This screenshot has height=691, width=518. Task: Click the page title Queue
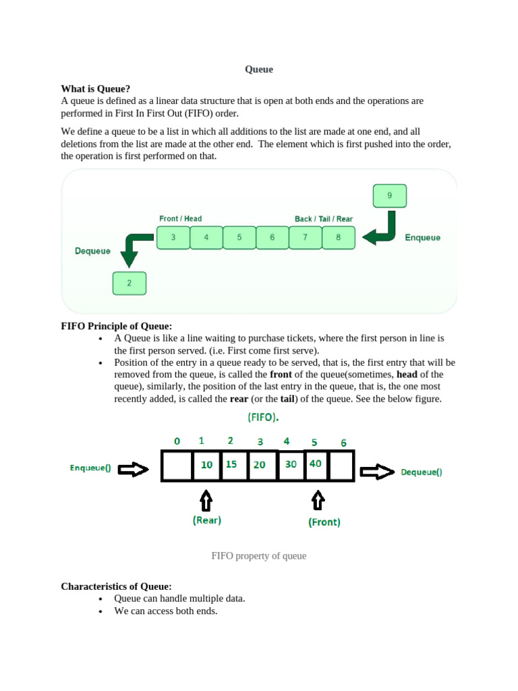click(x=258, y=70)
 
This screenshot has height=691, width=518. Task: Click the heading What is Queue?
click(x=96, y=88)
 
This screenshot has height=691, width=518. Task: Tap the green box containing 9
click(x=389, y=196)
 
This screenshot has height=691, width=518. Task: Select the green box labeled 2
click(x=129, y=283)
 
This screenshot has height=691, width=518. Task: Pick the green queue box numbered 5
click(x=239, y=238)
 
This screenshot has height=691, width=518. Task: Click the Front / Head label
click(x=180, y=219)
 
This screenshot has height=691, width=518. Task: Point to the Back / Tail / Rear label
click(x=323, y=219)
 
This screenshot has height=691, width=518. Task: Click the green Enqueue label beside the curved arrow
click(x=422, y=238)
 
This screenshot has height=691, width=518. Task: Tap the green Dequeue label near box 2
click(x=92, y=251)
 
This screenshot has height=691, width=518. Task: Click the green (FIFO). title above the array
click(x=263, y=417)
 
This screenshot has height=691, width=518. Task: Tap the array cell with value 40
click(x=316, y=464)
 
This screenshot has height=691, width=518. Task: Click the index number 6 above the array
click(x=343, y=443)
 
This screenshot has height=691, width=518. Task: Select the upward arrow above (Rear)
click(x=206, y=501)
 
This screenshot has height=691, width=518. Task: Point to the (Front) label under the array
click(x=324, y=522)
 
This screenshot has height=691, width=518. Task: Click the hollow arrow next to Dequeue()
click(x=376, y=472)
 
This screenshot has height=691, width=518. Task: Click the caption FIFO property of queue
click(x=259, y=556)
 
